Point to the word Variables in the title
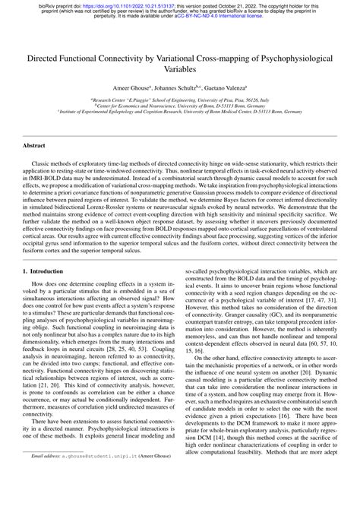(x=180, y=68)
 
